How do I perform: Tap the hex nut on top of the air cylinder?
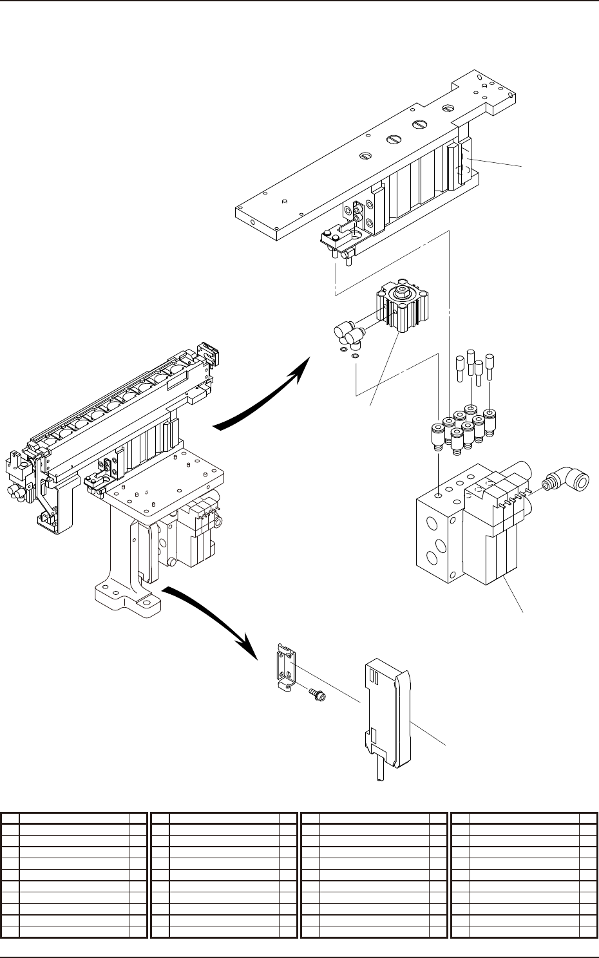coord(403,294)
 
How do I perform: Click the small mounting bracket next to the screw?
coord(285,669)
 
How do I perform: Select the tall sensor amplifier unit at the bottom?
coord(385,715)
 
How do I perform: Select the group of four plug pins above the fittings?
coord(475,364)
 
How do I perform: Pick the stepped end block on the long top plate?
coord(486,93)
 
